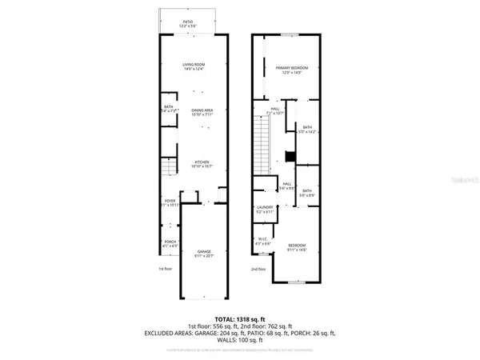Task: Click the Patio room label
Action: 189,22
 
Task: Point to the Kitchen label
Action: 202,162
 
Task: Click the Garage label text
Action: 205,251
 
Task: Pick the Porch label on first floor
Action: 170,241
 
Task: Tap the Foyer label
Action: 170,200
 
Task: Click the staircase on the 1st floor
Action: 168,167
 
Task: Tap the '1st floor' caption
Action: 166,270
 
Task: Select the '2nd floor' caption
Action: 258,270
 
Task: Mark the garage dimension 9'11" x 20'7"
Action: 205,256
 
